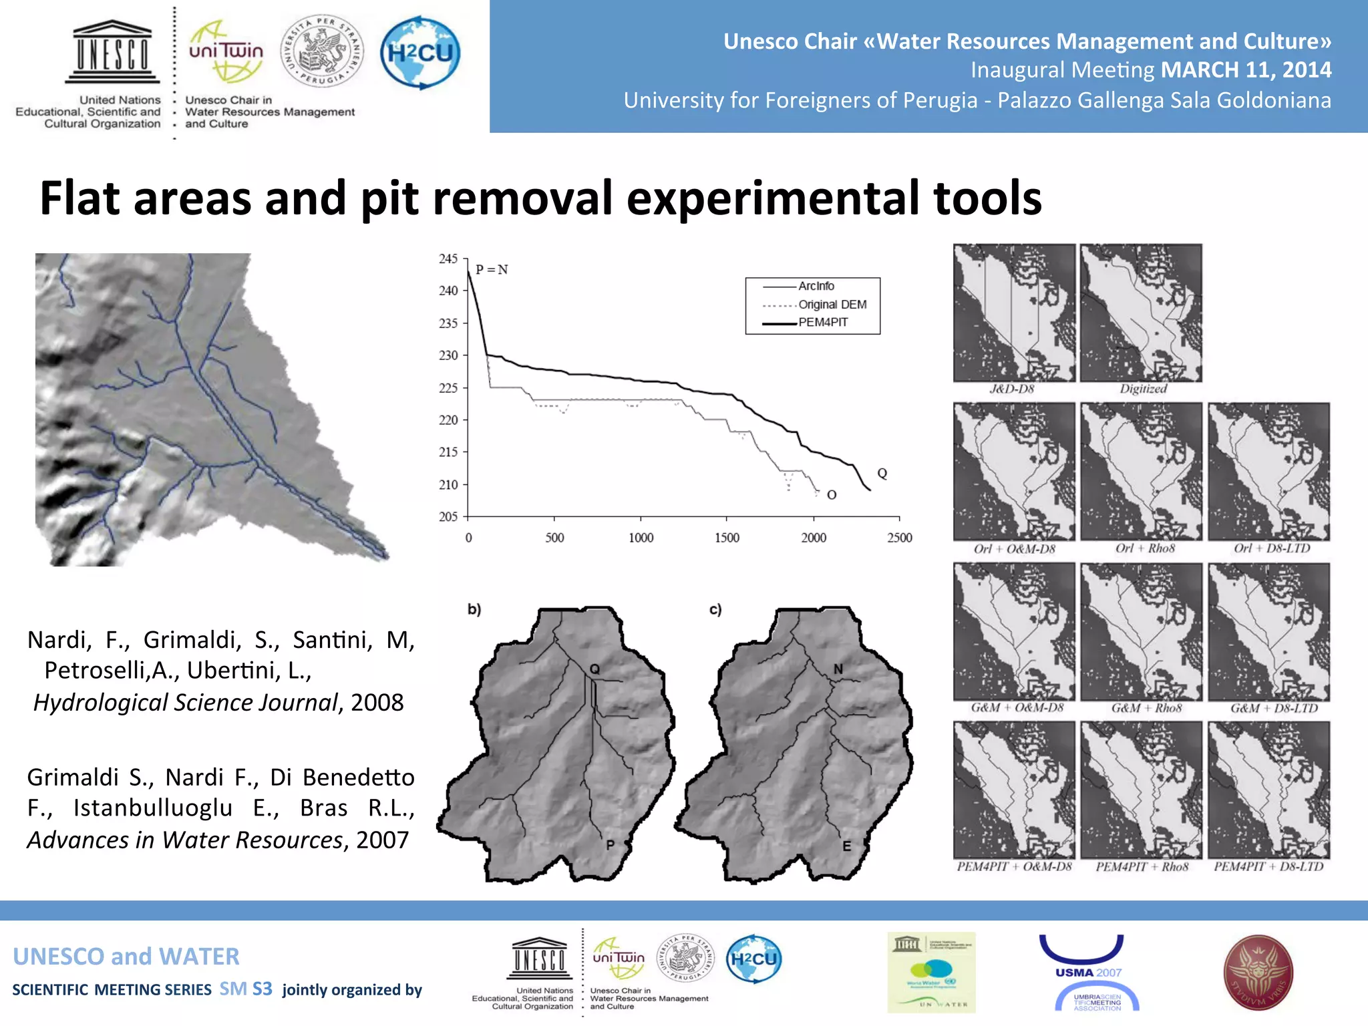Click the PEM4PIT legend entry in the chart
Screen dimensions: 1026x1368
(823, 322)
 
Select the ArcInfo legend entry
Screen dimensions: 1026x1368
(816, 286)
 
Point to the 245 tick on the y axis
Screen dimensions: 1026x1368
(448, 259)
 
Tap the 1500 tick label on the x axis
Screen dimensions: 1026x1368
(727, 538)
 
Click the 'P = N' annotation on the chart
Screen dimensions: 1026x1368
(492, 270)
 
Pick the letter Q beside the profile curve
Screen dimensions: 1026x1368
(882, 474)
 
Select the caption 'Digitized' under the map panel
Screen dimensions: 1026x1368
(1143, 389)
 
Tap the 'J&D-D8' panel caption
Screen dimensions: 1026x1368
(1011, 389)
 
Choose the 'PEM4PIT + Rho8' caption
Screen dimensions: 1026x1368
(1142, 867)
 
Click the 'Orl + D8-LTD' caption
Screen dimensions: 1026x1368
(1272, 548)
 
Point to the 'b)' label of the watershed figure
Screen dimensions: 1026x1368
(474, 609)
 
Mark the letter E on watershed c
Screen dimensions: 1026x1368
(846, 846)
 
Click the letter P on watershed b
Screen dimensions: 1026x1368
(610, 845)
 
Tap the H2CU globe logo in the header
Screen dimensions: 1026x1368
(420, 53)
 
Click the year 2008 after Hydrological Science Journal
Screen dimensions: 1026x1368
(377, 703)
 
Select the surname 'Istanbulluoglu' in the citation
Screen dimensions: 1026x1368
(153, 808)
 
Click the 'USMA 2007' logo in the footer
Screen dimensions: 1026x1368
(1089, 973)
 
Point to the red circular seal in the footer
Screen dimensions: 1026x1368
(1258, 972)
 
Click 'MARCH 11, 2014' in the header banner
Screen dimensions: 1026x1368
(1246, 69)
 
